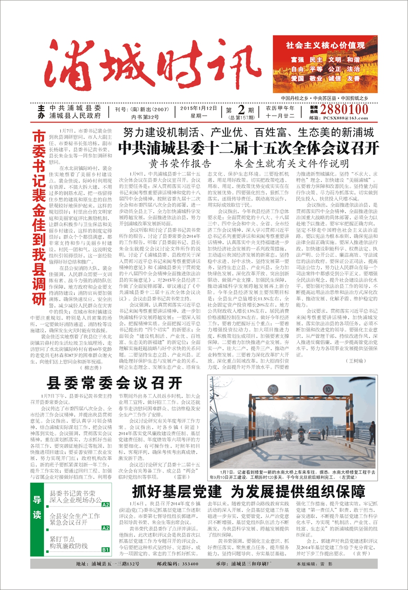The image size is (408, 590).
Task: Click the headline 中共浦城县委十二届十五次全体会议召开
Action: [x=248, y=148]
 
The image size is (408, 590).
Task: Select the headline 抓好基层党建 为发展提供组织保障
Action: [x=248, y=492]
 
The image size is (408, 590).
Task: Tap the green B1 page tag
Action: [x=105, y=550]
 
